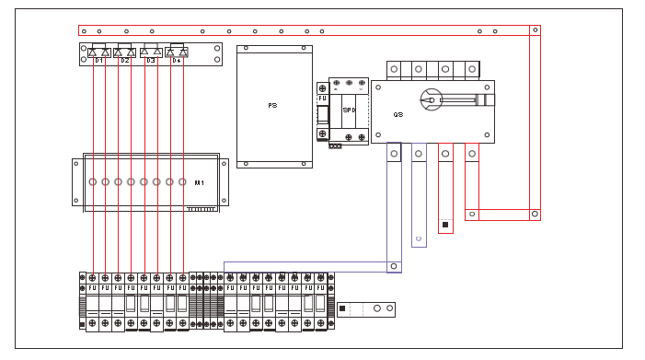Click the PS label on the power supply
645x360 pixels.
click(x=272, y=106)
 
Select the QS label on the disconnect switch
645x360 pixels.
click(x=398, y=115)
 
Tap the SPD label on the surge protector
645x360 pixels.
click(x=349, y=110)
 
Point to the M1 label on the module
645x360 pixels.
click(x=198, y=183)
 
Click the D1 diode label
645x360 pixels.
click(x=98, y=60)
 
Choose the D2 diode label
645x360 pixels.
click(x=124, y=60)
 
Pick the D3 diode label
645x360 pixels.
click(x=151, y=60)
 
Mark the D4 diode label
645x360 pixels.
click(x=177, y=60)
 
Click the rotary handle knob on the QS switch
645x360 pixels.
click(x=429, y=97)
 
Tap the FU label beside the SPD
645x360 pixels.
click(x=322, y=98)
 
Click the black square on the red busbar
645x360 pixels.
click(x=445, y=225)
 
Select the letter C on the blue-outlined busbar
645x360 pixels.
click(x=419, y=239)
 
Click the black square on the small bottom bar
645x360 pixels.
click(x=343, y=308)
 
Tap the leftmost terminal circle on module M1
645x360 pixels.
click(x=93, y=182)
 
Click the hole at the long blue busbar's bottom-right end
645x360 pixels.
click(x=394, y=267)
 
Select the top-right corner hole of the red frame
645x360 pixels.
click(x=534, y=30)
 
